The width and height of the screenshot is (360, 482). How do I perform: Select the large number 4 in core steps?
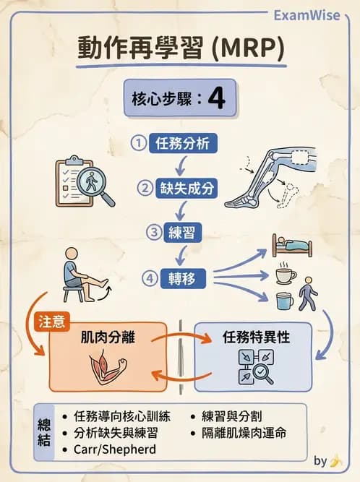coord(216,99)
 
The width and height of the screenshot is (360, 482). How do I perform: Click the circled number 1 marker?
coord(139,143)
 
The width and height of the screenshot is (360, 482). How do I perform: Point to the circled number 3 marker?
coord(153,232)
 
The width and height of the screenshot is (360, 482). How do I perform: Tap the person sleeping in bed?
coord(291,246)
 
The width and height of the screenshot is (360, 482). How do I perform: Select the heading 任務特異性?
coord(254,337)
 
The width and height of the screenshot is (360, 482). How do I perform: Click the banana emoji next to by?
coord(336,461)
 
